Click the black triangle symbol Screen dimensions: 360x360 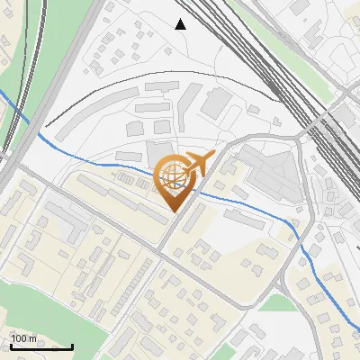(181, 24)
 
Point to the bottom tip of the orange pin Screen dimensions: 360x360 (174, 212)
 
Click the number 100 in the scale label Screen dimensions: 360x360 (18, 339)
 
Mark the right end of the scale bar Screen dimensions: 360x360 (72, 346)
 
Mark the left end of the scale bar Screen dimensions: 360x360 (10, 346)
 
